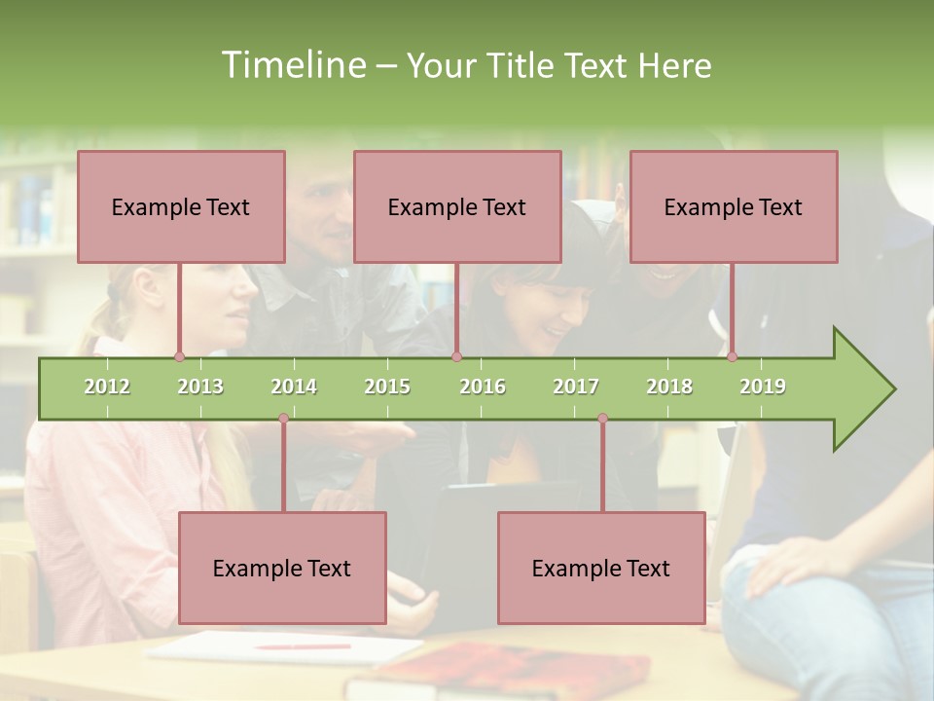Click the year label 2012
(107, 387)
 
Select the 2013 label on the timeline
(200, 387)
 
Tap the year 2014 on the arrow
(294, 387)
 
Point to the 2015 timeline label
(387, 387)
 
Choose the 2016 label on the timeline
(483, 387)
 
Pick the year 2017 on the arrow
(576, 387)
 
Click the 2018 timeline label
(669, 387)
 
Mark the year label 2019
(763, 387)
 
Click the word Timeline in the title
(293, 65)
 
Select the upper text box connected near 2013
(181, 206)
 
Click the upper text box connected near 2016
(457, 206)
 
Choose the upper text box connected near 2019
(734, 206)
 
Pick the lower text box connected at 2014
(282, 568)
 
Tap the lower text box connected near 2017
(601, 568)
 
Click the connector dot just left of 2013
(179, 357)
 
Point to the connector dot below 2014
(283, 419)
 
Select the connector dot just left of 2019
(732, 357)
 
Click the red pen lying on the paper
(303, 646)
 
